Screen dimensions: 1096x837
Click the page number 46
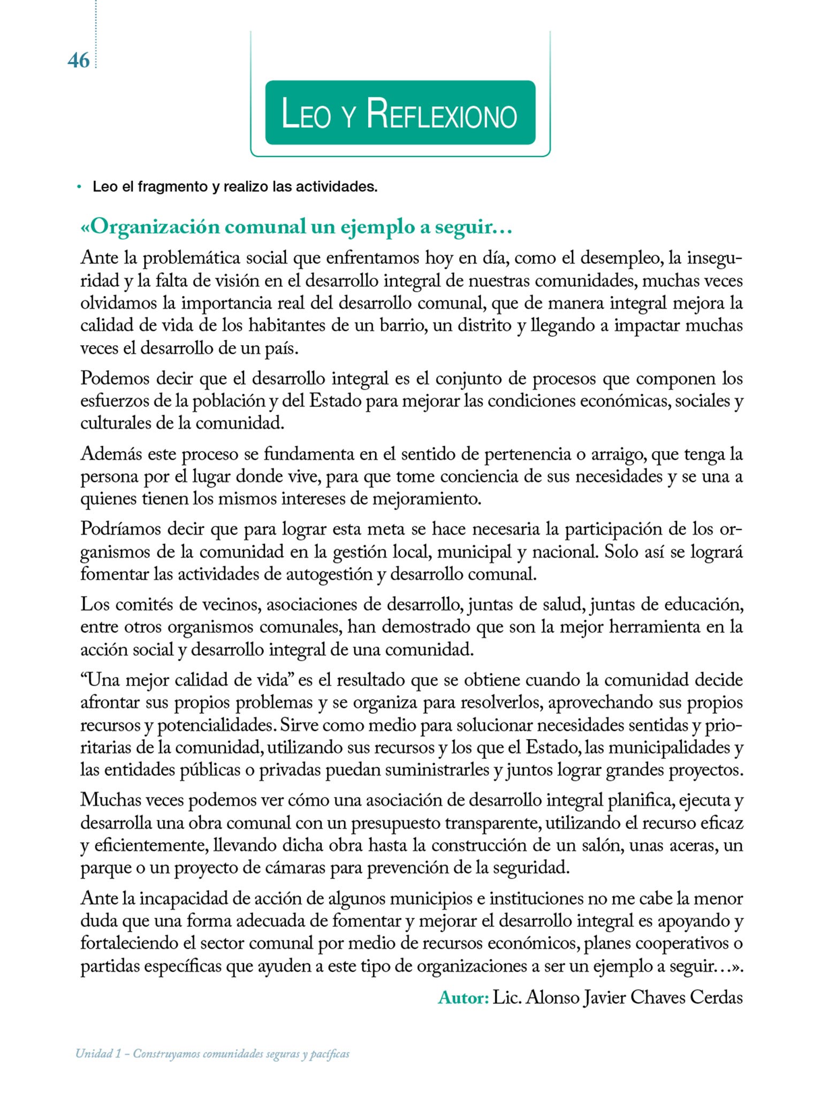point(79,61)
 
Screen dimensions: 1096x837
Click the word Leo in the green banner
point(306,115)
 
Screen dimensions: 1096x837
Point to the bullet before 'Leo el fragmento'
point(79,187)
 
